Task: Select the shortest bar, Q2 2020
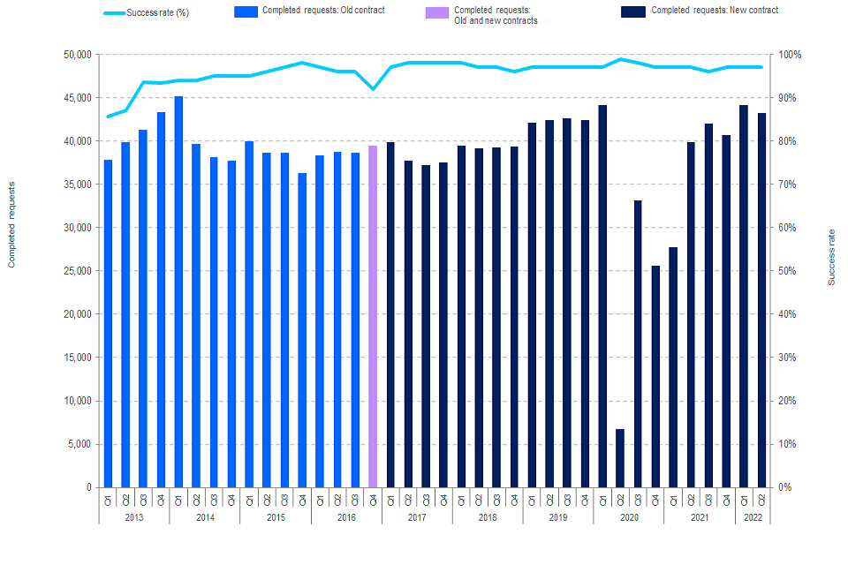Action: (x=620, y=458)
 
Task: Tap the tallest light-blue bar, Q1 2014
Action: (x=178, y=291)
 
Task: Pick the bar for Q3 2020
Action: (x=638, y=343)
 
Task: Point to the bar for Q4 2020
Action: (x=655, y=376)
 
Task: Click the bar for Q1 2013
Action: (x=108, y=323)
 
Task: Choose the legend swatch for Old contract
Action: (x=246, y=11)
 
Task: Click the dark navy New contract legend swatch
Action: (x=633, y=11)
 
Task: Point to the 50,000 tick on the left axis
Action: (x=79, y=55)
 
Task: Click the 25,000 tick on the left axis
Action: (x=79, y=271)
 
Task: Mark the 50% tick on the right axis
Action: (x=789, y=271)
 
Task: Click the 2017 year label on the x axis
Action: (x=417, y=516)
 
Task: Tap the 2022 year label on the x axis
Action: (x=753, y=516)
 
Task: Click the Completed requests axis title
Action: (x=12, y=224)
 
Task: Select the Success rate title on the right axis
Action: (x=831, y=257)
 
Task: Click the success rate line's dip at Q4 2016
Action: (x=373, y=89)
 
